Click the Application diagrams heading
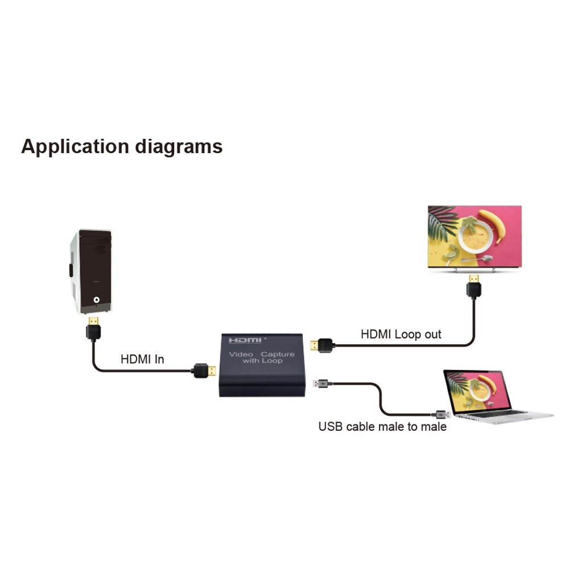point(122,147)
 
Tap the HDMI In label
point(142,360)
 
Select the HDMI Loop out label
point(401,334)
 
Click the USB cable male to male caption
point(382,426)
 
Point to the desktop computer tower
point(91,271)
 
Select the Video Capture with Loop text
point(262,357)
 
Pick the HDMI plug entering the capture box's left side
point(203,370)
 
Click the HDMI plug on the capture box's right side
point(322,345)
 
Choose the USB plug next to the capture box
point(321,383)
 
